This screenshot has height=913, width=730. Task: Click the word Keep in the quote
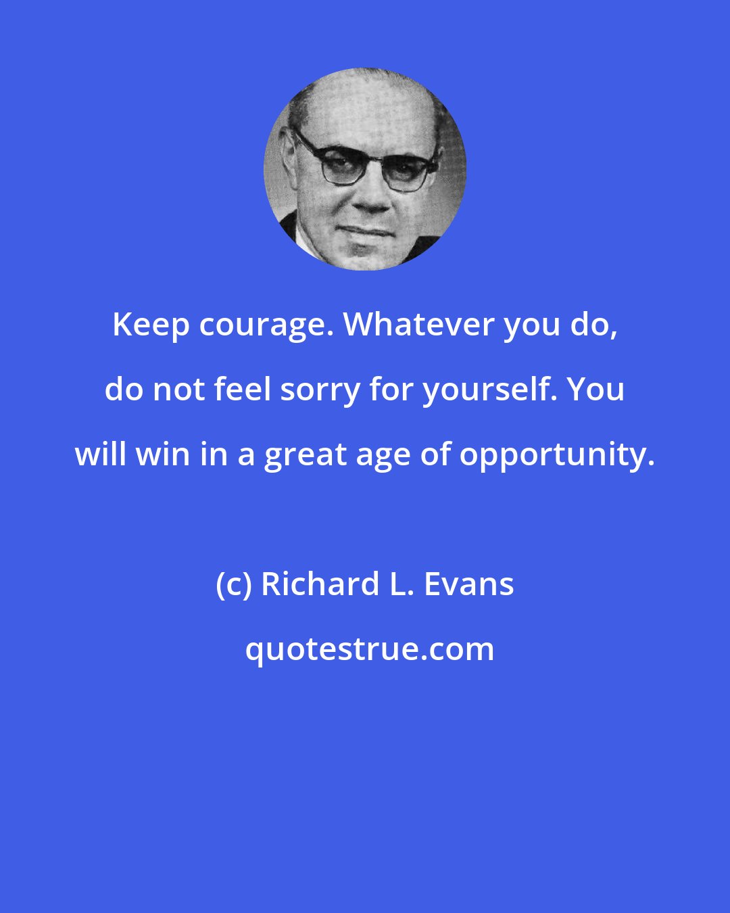pyautogui.click(x=151, y=325)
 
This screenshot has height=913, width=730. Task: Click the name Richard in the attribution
pyautogui.click(x=320, y=584)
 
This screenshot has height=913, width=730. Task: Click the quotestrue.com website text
pyautogui.click(x=369, y=649)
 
